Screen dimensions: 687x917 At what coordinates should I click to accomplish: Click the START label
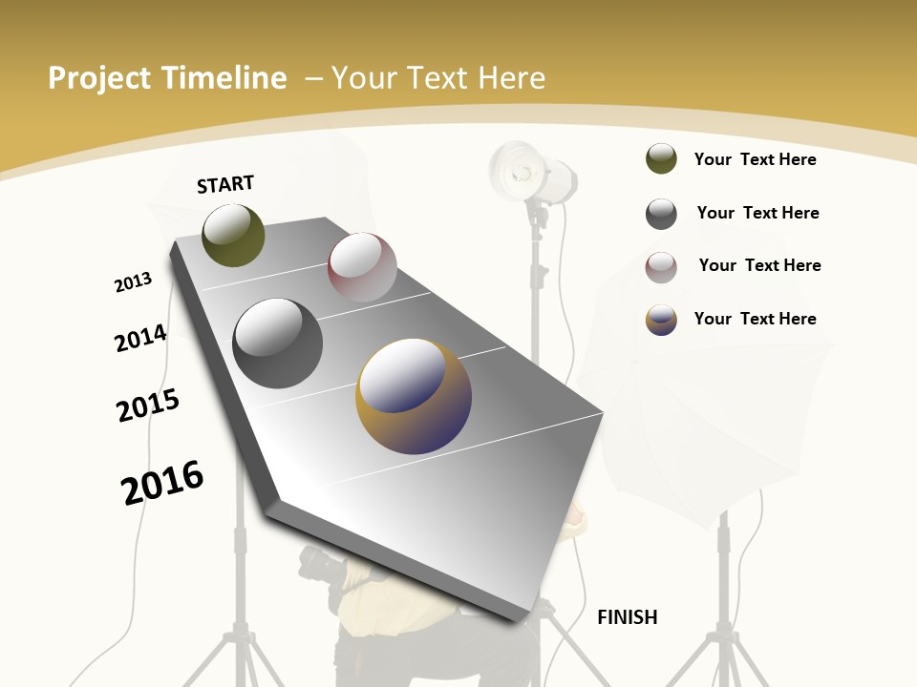coord(225,184)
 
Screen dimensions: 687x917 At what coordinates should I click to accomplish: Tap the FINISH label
coord(627,617)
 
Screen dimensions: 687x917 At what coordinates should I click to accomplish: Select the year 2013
coord(133,282)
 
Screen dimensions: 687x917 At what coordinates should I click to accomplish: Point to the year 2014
coord(140,338)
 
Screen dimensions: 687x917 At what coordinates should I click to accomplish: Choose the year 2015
coord(148,406)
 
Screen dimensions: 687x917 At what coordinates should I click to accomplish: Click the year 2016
coord(162,483)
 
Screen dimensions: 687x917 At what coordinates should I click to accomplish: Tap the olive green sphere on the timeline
coord(233,235)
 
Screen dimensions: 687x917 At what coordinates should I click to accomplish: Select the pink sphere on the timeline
coord(362,268)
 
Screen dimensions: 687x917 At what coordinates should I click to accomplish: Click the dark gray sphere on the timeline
coord(278,343)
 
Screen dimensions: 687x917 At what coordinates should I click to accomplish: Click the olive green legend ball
coord(661,159)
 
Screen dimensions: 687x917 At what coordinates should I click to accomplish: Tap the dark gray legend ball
coord(661,214)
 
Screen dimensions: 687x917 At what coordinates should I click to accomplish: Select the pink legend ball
coord(661,267)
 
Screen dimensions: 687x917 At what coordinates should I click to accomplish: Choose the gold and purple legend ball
coord(661,320)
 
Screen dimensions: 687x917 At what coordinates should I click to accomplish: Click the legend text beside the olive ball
coord(755,159)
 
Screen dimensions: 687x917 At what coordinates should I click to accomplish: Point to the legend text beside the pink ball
coord(759,265)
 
